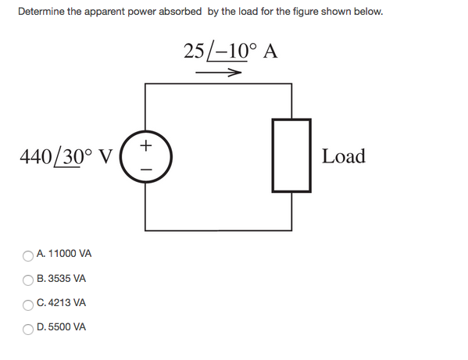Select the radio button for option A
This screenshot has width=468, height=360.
click(x=29, y=255)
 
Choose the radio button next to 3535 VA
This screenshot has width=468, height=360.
click(x=29, y=279)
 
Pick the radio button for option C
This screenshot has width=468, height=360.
click(x=29, y=303)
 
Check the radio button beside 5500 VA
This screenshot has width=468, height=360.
click(x=29, y=327)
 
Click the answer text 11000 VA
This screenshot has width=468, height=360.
click(x=70, y=255)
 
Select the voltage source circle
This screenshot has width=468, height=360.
click(x=146, y=156)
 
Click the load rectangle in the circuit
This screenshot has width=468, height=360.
click(x=291, y=155)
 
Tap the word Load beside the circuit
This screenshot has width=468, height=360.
click(x=344, y=156)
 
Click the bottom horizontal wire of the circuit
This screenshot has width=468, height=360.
click(x=219, y=230)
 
